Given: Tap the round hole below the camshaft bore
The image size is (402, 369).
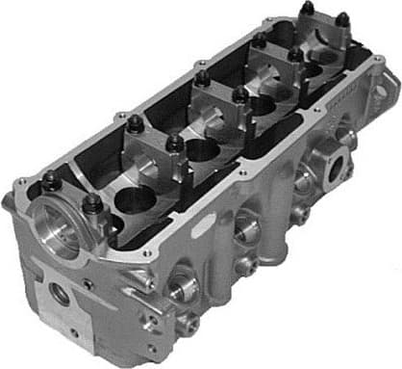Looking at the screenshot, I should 61,295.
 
